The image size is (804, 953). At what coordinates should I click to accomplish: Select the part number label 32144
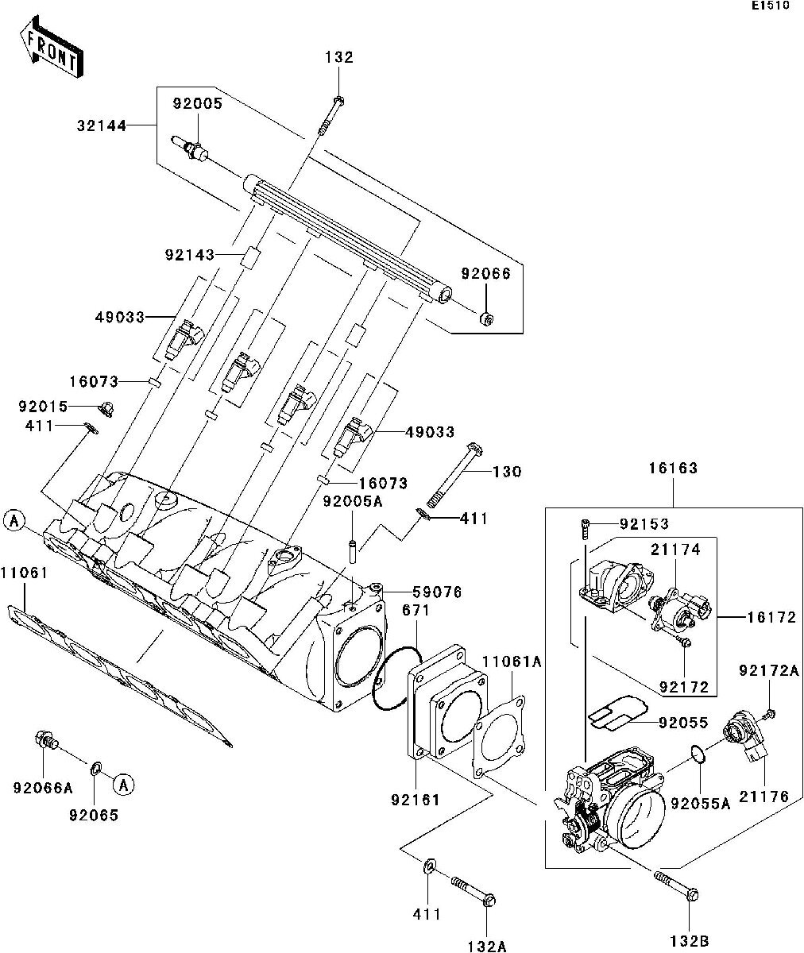coord(102,125)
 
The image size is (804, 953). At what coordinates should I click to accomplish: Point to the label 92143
coord(189,255)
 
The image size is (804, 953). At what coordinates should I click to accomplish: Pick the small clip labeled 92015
coord(106,409)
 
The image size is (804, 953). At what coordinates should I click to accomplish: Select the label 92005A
coord(353,502)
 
